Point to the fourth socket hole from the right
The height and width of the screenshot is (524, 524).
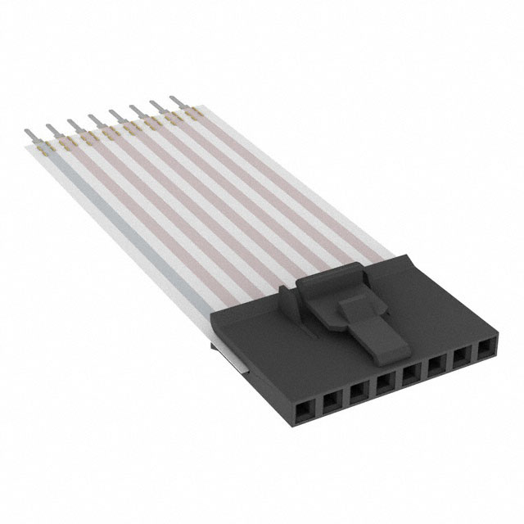coord(410,375)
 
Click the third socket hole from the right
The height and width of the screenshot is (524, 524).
coord(436,367)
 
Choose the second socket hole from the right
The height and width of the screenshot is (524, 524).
coord(462,359)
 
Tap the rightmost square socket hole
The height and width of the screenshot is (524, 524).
coord(486,350)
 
